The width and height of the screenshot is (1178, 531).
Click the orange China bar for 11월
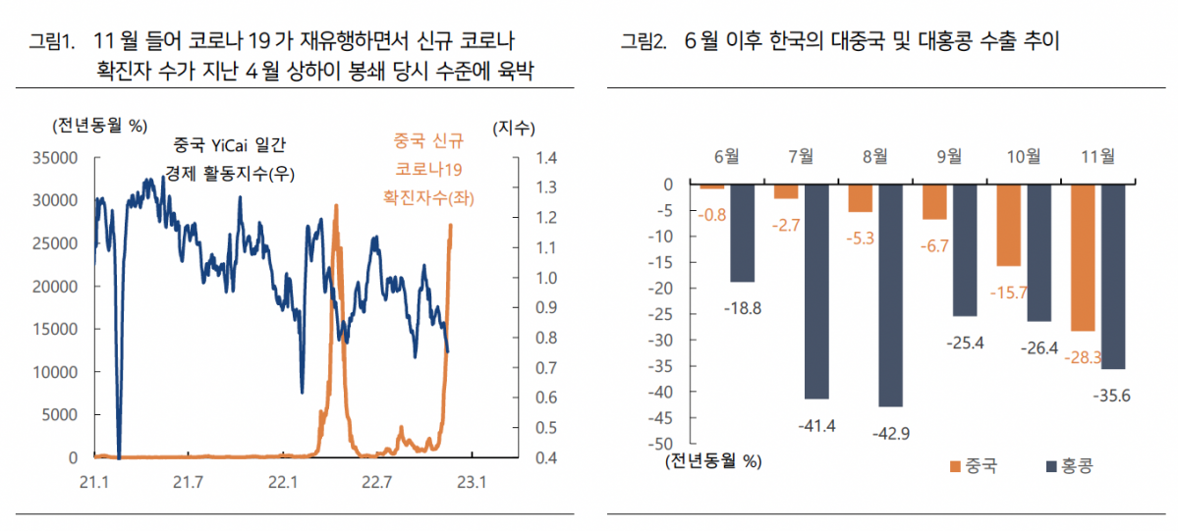point(1084,257)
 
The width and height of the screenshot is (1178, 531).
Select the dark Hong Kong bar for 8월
point(890,294)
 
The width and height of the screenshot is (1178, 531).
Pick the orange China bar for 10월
point(1009,225)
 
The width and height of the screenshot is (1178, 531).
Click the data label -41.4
point(816,424)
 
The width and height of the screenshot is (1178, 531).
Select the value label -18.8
point(743,307)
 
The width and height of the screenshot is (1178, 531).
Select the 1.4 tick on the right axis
point(546,157)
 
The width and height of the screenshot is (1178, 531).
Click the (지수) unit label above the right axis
point(513,127)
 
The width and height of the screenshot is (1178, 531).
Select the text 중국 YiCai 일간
point(230,145)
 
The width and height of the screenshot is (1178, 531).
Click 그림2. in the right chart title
point(643,41)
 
